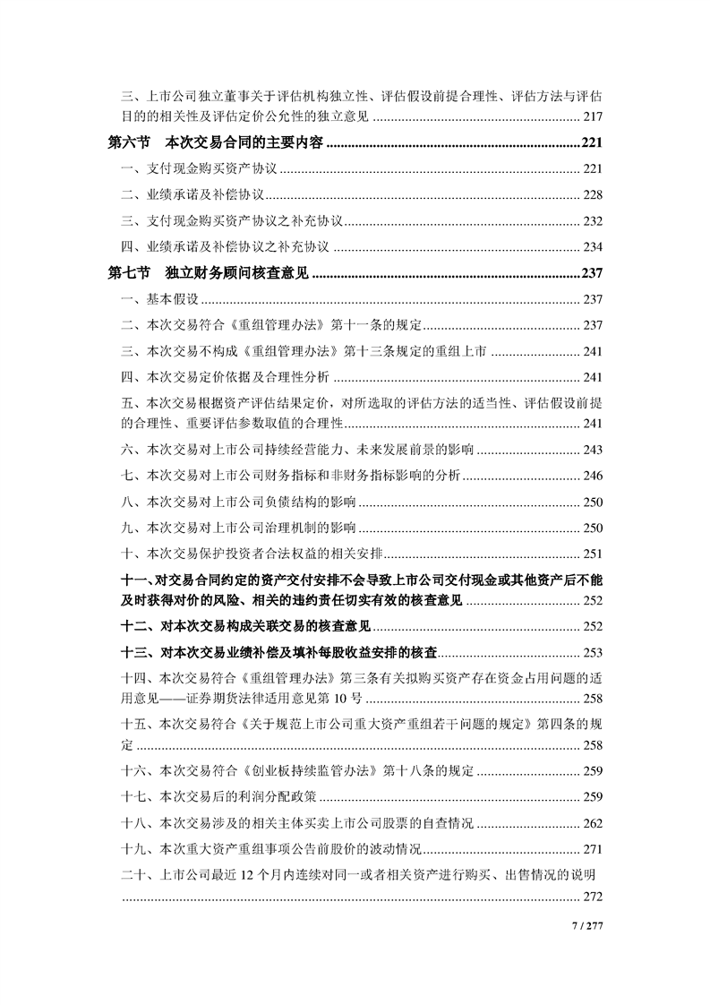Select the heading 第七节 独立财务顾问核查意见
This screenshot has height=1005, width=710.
(x=208, y=273)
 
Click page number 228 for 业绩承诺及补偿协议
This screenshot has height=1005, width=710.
(x=592, y=194)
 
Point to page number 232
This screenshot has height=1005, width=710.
(x=592, y=220)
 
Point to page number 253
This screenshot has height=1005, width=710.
(x=592, y=652)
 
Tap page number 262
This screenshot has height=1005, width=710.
(x=592, y=822)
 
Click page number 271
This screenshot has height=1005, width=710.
(x=592, y=848)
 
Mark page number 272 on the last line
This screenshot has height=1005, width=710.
(x=592, y=897)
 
